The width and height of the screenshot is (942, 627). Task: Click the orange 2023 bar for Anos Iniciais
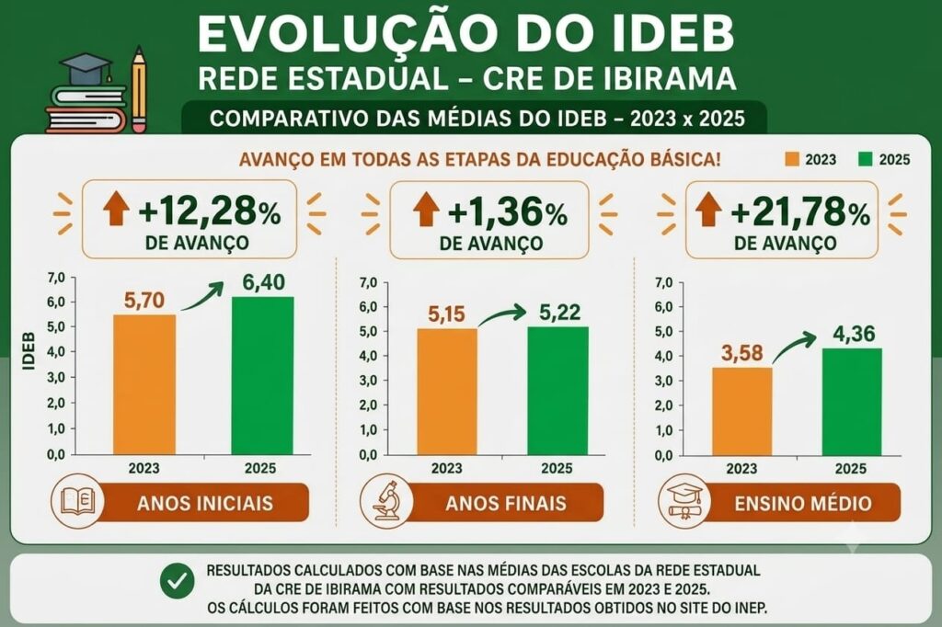[x=144, y=384]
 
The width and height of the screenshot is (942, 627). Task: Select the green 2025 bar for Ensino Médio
[x=852, y=402]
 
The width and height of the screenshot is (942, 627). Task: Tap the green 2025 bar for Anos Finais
[x=558, y=391]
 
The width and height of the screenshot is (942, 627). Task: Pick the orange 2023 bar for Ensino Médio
[x=742, y=411]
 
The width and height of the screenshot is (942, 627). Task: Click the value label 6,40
[x=264, y=282]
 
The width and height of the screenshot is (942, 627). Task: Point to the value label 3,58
[x=742, y=353]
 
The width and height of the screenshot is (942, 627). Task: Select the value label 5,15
[x=446, y=314]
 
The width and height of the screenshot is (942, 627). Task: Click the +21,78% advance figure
[x=800, y=213]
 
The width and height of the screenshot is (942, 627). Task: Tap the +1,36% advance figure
[x=508, y=213]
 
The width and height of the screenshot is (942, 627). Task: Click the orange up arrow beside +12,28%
[x=116, y=209]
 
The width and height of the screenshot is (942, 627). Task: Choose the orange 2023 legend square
[x=792, y=159]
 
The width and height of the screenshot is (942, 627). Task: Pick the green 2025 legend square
[x=865, y=159]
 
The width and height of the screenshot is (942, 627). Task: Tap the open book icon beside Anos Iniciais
[x=78, y=500]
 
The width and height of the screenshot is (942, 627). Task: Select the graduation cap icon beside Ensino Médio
[x=684, y=501]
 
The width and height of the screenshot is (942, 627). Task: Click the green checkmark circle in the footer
[x=178, y=581]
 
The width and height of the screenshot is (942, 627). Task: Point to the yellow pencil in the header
[x=139, y=89]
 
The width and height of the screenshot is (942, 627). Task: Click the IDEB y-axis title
[x=29, y=351]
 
